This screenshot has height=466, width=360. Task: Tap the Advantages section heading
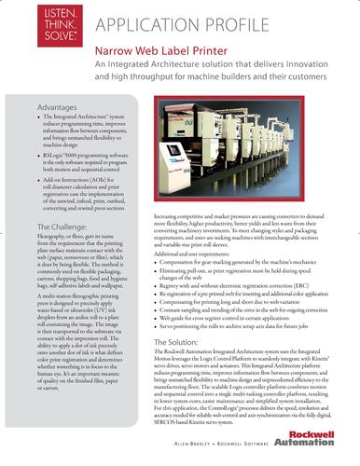pyautogui.click(x=58, y=109)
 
